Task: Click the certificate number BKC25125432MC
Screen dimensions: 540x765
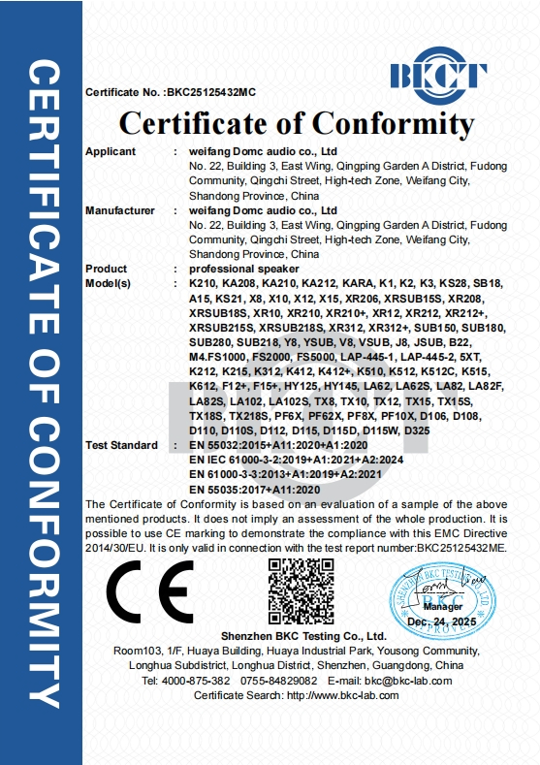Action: pos(211,93)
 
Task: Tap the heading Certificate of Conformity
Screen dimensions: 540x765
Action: pos(296,124)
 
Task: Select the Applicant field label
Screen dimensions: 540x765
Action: pos(111,152)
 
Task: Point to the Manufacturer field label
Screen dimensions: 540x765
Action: pos(120,210)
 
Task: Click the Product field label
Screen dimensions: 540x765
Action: pos(107,269)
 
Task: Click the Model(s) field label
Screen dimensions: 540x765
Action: pos(109,283)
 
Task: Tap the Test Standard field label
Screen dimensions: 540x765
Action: pos(121,445)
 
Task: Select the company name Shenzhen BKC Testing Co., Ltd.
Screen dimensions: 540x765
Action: pos(296,635)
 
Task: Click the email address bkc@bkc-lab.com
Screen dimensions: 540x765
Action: pos(408,681)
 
